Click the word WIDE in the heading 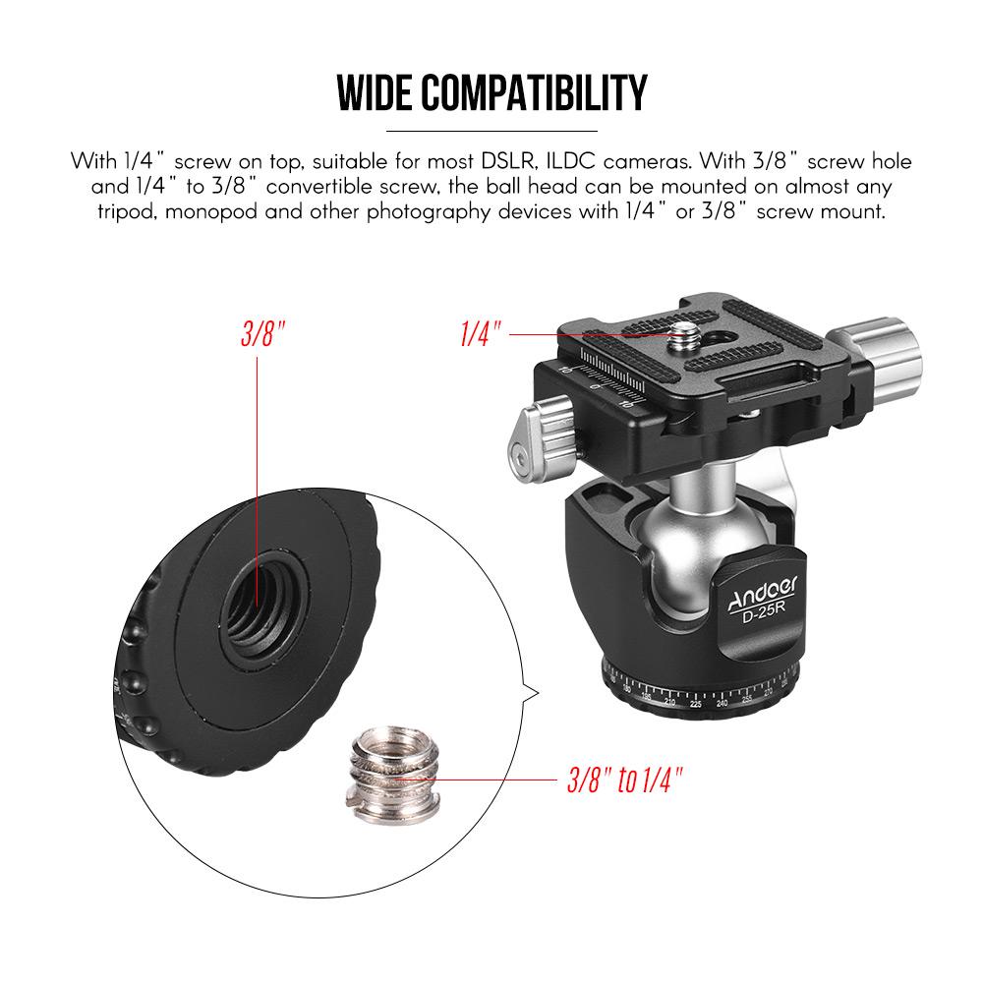(376, 92)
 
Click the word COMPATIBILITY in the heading (534, 92)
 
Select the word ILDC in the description (570, 161)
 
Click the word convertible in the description (319, 186)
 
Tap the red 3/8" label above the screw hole (263, 333)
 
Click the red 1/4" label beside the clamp (481, 333)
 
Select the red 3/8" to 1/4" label (624, 781)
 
